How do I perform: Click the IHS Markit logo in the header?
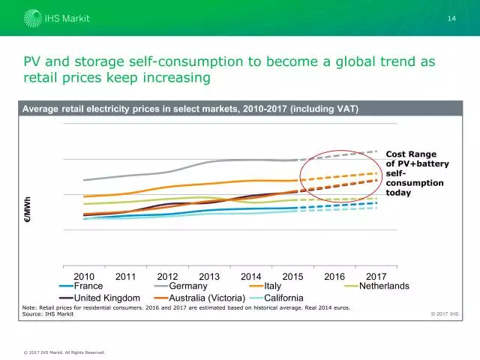pyautogui.click(x=46, y=18)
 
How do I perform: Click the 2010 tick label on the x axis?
pyautogui.click(x=83, y=277)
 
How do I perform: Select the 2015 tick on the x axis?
pyautogui.click(x=292, y=277)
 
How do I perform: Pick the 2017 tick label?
pyautogui.click(x=376, y=277)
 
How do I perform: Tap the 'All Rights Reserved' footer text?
pyautogui.click(x=88, y=352)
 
